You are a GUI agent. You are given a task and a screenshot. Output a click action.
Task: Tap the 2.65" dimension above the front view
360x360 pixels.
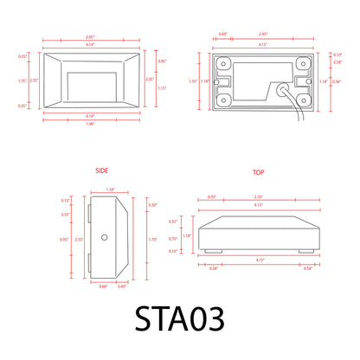pyautogui.click(x=89, y=37)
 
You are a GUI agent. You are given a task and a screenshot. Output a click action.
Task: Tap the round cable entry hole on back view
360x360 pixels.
pyautogui.click(x=283, y=87)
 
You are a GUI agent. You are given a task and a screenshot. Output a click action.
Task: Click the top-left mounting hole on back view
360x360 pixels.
pyautogui.click(x=222, y=62)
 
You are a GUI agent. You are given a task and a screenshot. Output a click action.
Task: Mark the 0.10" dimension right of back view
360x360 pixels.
pyautogui.click(x=337, y=55)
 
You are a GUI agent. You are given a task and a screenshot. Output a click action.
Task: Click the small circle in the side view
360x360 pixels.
pyautogui.click(x=103, y=236)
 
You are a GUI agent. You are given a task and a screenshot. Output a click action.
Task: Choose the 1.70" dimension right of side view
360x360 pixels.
pyautogui.click(x=153, y=238)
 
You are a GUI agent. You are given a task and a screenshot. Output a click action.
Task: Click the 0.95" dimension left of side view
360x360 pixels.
pyautogui.click(x=64, y=238)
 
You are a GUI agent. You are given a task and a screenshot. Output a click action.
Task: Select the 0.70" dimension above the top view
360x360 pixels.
pyautogui.click(x=210, y=196)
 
